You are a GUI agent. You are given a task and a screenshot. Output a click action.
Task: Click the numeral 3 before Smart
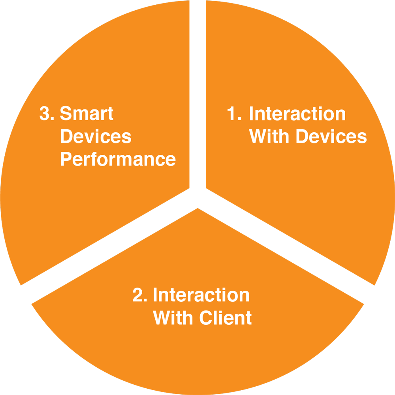(44, 113)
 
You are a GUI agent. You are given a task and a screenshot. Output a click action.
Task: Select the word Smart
(87, 113)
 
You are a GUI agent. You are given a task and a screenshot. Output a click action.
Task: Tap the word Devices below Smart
(96, 136)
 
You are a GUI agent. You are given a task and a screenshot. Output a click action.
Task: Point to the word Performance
(118, 159)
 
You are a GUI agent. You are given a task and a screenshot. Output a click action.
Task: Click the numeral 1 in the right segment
(231, 113)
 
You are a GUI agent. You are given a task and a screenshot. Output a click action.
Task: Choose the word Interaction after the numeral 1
(297, 113)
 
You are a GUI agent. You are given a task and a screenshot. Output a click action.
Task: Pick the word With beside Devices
(269, 136)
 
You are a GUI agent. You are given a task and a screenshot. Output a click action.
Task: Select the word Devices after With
(331, 136)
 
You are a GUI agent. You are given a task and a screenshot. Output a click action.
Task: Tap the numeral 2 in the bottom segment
(137, 294)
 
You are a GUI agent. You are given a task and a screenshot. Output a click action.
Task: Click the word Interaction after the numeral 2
(201, 295)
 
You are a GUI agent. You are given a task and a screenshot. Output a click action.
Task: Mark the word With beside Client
(173, 318)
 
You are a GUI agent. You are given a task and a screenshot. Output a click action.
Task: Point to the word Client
(226, 318)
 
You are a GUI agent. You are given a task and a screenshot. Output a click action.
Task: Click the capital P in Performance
(66, 159)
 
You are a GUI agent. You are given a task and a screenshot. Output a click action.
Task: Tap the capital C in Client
(206, 318)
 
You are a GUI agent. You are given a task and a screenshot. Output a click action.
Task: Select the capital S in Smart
(66, 113)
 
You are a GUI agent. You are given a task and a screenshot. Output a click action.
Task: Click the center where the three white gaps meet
(197, 198)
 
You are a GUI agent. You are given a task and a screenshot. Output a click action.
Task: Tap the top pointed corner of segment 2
(198, 208)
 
